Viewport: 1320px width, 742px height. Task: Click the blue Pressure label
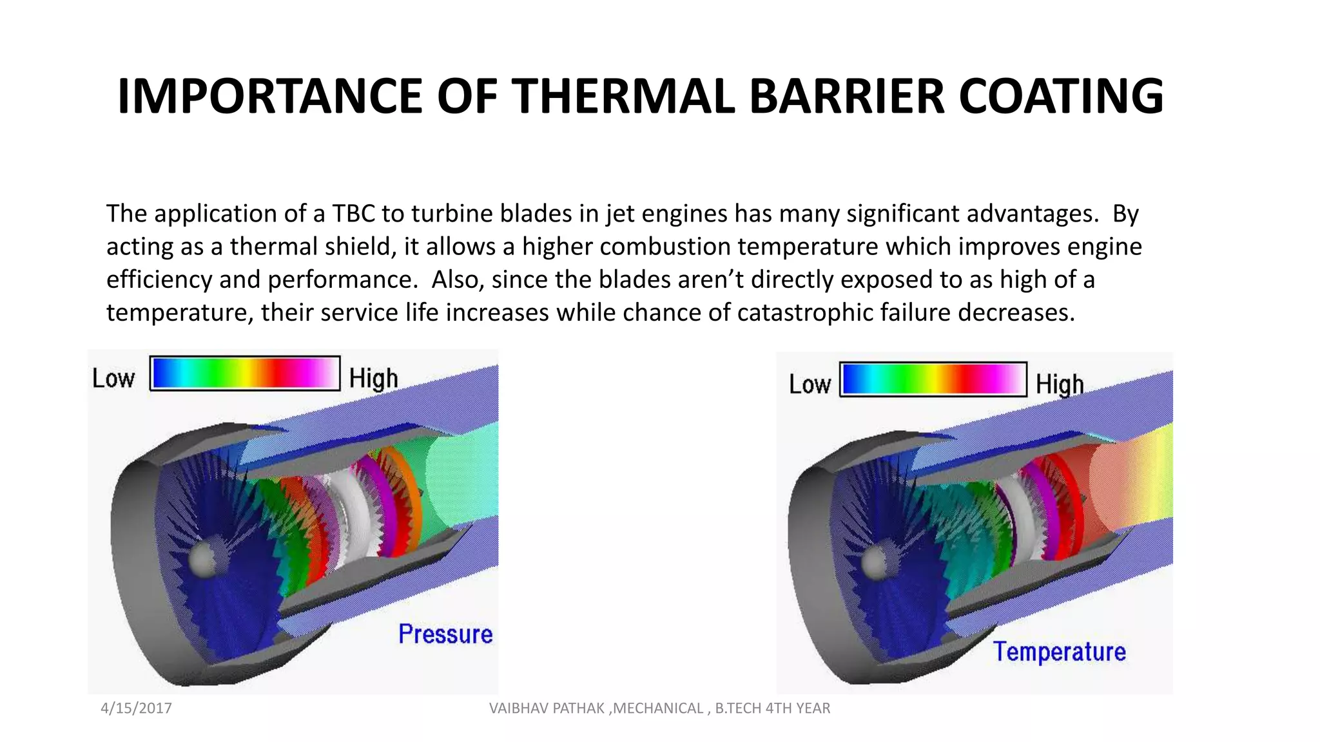pos(445,634)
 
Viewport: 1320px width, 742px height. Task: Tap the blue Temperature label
pos(1059,652)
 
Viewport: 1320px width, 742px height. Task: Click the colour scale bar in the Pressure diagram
pos(245,373)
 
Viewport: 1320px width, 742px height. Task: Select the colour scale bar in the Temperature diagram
pos(933,379)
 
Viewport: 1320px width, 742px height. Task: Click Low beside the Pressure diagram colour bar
pos(113,379)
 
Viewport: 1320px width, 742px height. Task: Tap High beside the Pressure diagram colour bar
pos(373,379)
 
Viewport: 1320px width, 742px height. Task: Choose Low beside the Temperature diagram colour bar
pos(810,385)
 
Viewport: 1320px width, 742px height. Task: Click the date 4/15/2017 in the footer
pos(136,709)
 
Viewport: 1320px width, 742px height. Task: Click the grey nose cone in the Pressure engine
pos(205,558)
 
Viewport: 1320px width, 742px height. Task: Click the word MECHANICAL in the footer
pos(658,709)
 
